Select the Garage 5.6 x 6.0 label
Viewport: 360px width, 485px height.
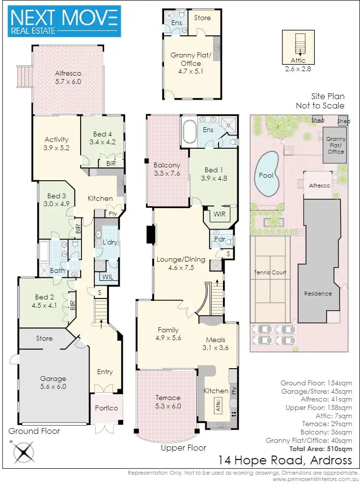pyautogui.click(x=54, y=382)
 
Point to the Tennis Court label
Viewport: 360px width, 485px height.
pyautogui.click(x=270, y=272)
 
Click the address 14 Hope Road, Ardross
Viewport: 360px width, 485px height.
pyautogui.click(x=285, y=460)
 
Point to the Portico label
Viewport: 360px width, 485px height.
pyautogui.click(x=106, y=408)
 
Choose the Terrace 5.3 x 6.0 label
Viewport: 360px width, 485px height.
pyautogui.click(x=168, y=402)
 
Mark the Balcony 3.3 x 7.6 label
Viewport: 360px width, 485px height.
pyautogui.click(x=167, y=169)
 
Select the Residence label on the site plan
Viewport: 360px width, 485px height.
pyautogui.click(x=318, y=294)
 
